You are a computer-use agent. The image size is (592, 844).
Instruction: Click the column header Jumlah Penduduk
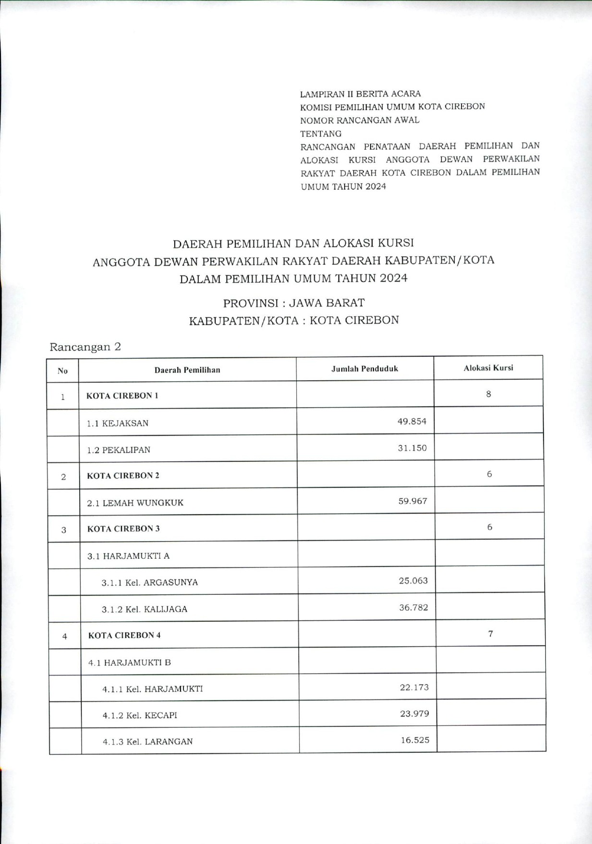364,369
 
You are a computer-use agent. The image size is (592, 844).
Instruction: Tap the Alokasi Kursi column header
488,368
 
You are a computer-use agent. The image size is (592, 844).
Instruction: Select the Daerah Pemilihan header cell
187,370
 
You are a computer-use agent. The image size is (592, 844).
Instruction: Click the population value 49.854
412,421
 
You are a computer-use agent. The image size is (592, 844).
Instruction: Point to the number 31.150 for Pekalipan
412,448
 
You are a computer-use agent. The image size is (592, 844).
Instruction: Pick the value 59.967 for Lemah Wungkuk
412,501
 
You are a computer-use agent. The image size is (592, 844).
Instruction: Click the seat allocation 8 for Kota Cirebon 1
488,394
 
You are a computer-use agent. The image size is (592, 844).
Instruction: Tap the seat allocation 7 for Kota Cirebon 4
490,633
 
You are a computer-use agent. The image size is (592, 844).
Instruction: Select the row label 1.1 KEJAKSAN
118,423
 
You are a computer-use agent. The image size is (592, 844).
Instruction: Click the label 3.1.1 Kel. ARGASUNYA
149,582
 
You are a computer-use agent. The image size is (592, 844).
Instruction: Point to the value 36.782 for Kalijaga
413,607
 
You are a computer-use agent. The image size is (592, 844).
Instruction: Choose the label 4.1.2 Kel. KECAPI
140,715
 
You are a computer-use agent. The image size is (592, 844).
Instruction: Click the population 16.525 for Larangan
415,740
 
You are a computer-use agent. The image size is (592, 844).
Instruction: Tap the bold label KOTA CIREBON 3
123,529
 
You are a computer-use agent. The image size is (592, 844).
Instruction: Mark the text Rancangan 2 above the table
85,347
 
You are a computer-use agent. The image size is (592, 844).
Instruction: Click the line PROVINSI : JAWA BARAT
293,303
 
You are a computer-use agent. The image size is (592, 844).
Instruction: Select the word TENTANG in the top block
321,133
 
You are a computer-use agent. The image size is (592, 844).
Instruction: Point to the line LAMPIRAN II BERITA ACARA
360,94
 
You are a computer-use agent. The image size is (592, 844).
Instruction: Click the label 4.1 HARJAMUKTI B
130,663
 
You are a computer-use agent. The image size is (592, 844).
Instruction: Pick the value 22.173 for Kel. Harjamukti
414,687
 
